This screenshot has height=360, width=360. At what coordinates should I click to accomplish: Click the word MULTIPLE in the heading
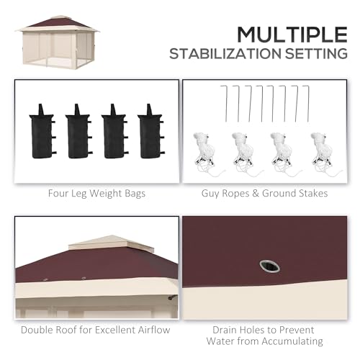point(292,35)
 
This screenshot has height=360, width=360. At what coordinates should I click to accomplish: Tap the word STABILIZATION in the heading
point(225,53)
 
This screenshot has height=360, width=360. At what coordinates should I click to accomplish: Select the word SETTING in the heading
point(316,53)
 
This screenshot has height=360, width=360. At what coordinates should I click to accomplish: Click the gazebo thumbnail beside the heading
point(57,42)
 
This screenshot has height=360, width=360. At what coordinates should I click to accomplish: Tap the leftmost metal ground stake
point(226,104)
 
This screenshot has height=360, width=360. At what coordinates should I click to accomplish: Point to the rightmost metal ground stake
point(308,104)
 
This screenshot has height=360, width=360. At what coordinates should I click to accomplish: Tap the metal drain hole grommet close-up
point(269,266)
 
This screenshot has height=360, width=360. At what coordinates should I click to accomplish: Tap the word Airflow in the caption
point(154,330)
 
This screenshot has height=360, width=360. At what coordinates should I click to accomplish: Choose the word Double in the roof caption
point(37,330)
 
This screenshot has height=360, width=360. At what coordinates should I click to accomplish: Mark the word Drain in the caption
point(225,330)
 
